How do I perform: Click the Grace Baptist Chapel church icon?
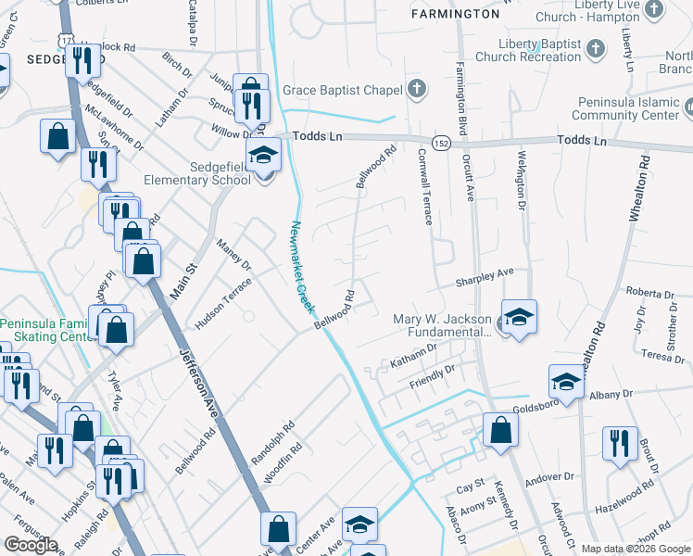pos(418,90)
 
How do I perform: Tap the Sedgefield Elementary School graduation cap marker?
pos(263,153)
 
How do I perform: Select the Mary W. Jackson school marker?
pos(519,316)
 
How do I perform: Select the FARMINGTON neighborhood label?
pos(455,14)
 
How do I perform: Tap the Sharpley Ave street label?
pos(483,277)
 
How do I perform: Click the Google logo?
pos(30,545)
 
